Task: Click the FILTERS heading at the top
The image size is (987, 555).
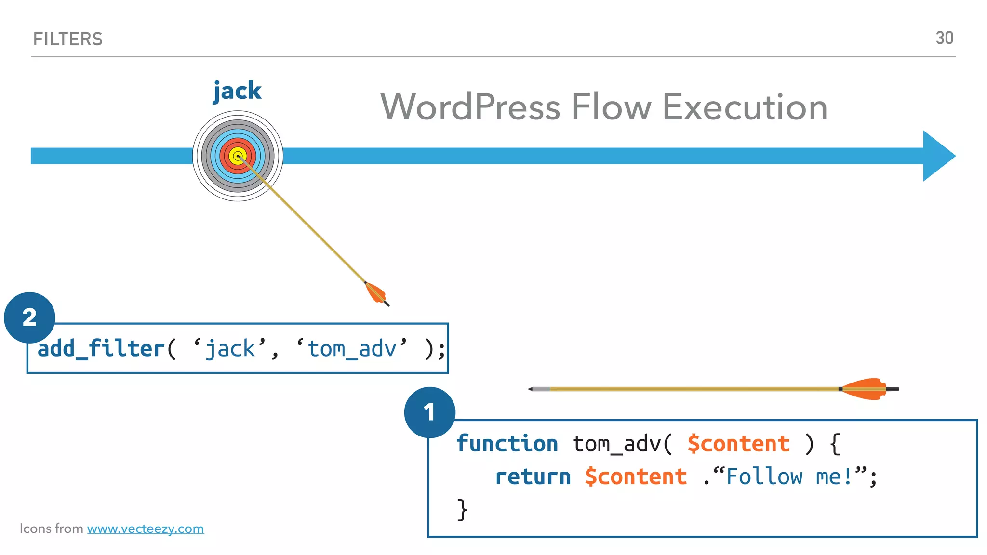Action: coord(68,39)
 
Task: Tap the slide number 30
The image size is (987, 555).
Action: coord(944,38)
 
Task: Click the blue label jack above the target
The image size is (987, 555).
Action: coord(237,91)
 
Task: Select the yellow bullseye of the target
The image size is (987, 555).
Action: coord(237,156)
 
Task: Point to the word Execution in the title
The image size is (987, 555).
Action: coord(745,107)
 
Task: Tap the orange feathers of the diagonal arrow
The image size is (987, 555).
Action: coord(375,292)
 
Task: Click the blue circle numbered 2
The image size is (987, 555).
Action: coord(29,317)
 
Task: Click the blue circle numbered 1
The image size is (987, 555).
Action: coord(429,412)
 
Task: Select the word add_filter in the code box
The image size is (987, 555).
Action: coord(101,348)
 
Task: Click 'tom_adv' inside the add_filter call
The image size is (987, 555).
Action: coord(352,348)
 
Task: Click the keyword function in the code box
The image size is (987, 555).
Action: coord(507,443)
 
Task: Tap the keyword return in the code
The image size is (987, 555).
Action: coord(533,476)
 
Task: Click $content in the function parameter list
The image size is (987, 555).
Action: coord(738,443)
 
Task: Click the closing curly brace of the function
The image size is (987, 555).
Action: coord(462,509)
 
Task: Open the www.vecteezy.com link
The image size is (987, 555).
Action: coord(146,529)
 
